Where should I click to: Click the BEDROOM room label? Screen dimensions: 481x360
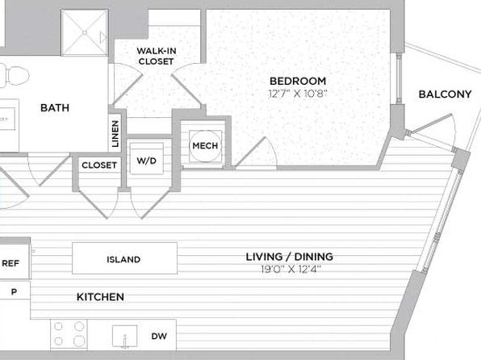[x=298, y=81]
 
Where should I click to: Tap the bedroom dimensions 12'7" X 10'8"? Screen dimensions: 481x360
[x=298, y=93]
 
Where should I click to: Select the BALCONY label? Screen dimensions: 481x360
[x=445, y=94]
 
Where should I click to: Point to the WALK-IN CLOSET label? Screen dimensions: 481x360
[x=156, y=57]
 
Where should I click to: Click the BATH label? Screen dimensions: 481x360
[x=55, y=107]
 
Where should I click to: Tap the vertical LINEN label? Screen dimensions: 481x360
[x=115, y=133]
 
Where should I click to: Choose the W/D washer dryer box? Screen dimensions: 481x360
[x=146, y=159]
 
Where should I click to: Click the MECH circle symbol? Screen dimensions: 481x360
[x=205, y=146]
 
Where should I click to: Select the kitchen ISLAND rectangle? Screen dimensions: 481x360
[x=124, y=258]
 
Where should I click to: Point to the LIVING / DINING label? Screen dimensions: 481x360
[x=289, y=256]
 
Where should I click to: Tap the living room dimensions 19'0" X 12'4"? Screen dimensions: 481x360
[x=291, y=269]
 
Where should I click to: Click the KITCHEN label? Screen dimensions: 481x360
[x=100, y=297]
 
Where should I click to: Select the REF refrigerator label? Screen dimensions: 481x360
[x=10, y=263]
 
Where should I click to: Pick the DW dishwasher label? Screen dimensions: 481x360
[x=159, y=336]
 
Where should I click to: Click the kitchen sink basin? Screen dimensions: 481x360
[x=124, y=337]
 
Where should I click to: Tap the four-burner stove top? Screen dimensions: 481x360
[x=69, y=334]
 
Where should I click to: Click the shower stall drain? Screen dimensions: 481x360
[x=85, y=32]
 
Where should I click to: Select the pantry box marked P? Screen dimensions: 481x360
[x=15, y=291]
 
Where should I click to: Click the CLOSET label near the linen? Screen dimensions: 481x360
[x=99, y=165]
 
